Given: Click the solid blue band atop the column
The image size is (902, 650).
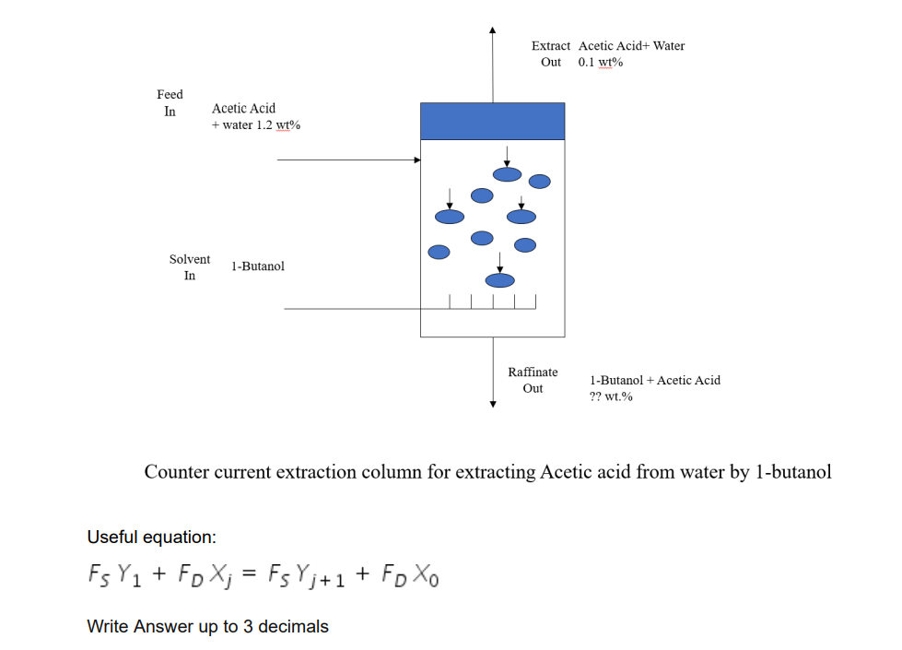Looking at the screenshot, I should click(x=492, y=121).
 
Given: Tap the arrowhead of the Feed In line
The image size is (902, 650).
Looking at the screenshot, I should click(x=416, y=160).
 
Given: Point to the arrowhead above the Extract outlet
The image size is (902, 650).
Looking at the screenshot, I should click(x=493, y=29).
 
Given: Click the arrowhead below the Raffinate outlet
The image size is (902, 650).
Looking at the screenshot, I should click(x=493, y=402).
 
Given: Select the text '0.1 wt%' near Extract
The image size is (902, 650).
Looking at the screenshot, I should click(x=601, y=63).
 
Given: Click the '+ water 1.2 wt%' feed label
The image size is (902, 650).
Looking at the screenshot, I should click(x=256, y=125).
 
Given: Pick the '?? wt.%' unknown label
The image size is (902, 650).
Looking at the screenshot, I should click(x=611, y=396).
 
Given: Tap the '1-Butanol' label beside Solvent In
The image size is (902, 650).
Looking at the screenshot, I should click(x=258, y=266).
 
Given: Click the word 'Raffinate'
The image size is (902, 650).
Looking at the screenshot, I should click(x=533, y=372).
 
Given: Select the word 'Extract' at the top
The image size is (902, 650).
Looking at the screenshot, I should click(x=551, y=45).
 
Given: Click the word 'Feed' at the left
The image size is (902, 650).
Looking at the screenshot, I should click(x=170, y=94).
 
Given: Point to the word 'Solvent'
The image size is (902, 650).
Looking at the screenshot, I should click(x=190, y=259).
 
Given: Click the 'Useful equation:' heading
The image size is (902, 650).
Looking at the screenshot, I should click(x=151, y=537).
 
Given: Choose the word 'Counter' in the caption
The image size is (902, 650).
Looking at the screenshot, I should click(x=176, y=472).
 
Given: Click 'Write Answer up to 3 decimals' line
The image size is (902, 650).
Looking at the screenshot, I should click(x=207, y=627).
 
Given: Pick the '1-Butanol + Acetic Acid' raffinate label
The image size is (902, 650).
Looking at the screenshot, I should click(x=655, y=380).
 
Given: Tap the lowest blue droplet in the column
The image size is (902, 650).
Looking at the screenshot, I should click(x=500, y=280).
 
